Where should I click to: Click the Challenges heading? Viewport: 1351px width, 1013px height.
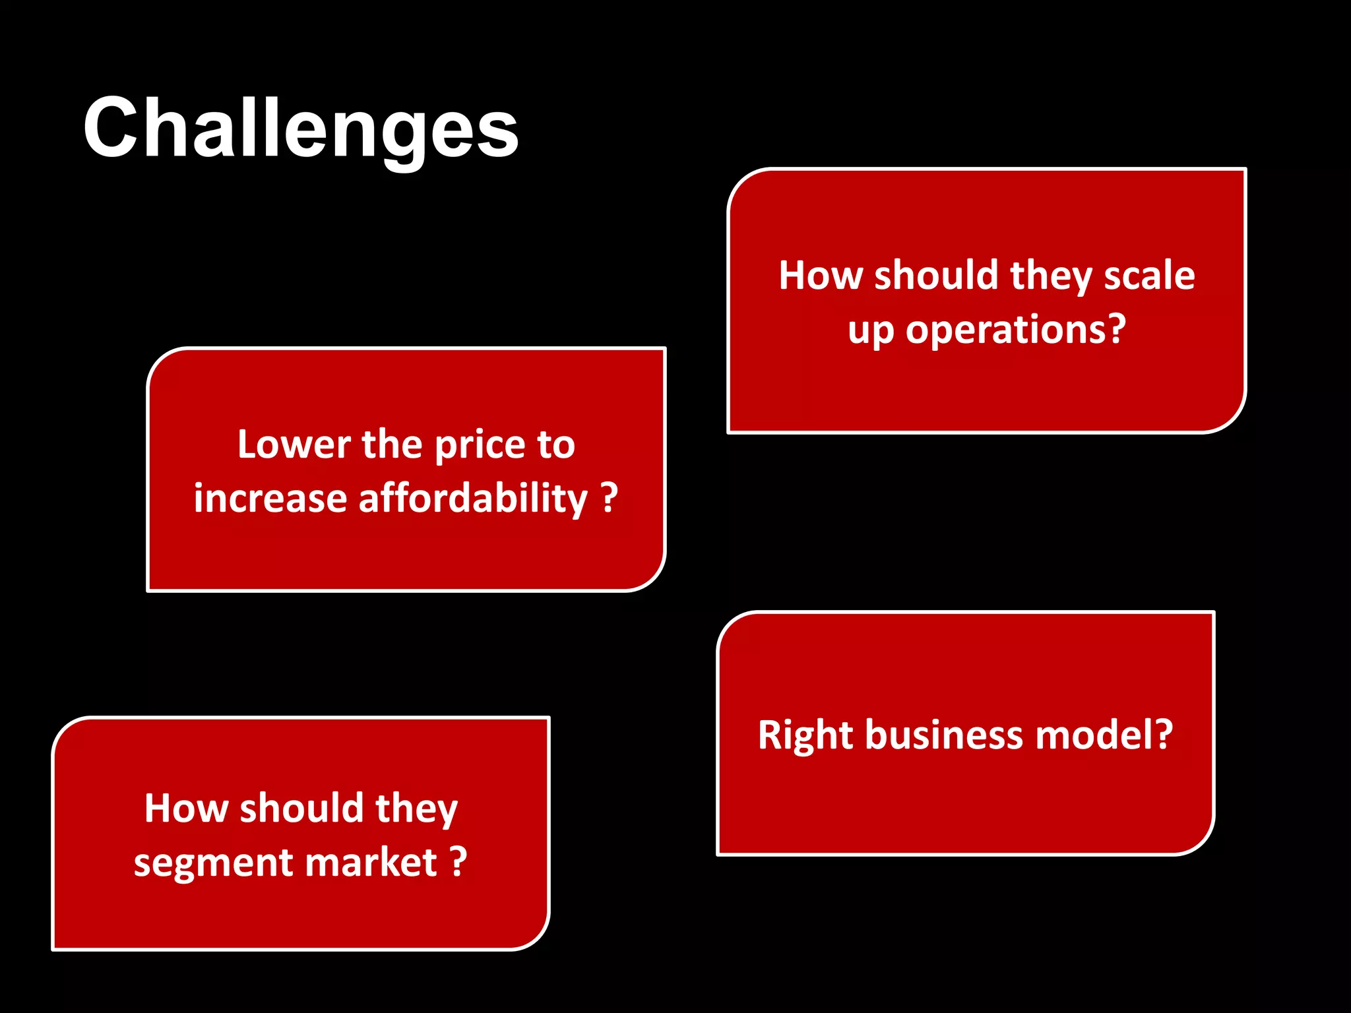point(300,129)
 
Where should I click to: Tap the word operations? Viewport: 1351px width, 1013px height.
point(1015,329)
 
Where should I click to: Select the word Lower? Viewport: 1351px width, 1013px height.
point(294,445)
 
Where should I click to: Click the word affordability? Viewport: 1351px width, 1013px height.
point(472,499)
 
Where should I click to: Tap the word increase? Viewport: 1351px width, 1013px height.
point(270,499)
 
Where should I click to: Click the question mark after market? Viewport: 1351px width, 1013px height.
point(458,861)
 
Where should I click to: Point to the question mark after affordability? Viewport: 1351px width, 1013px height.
point(610,497)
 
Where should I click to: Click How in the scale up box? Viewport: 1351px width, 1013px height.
point(820,275)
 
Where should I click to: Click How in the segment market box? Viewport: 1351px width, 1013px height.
point(186,809)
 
